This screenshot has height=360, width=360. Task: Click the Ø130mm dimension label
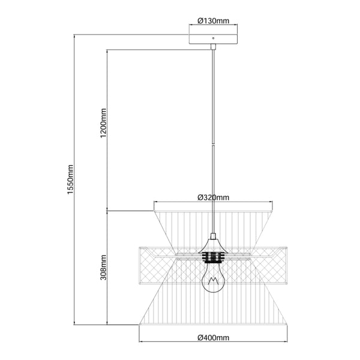tap(213, 21)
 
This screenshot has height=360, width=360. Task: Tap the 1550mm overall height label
tap(70, 179)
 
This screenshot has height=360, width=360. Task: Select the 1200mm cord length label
tap(103, 123)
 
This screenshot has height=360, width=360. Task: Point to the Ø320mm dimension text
tap(213, 197)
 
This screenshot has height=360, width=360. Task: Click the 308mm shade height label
tap(103, 267)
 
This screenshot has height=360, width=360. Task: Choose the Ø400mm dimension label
tap(213, 337)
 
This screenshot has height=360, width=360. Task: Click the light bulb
tap(213, 277)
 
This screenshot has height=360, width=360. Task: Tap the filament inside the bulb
tap(213, 281)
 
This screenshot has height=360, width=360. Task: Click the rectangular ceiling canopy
tap(213, 39)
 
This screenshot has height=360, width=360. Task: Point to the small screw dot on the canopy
tap(213, 38)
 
